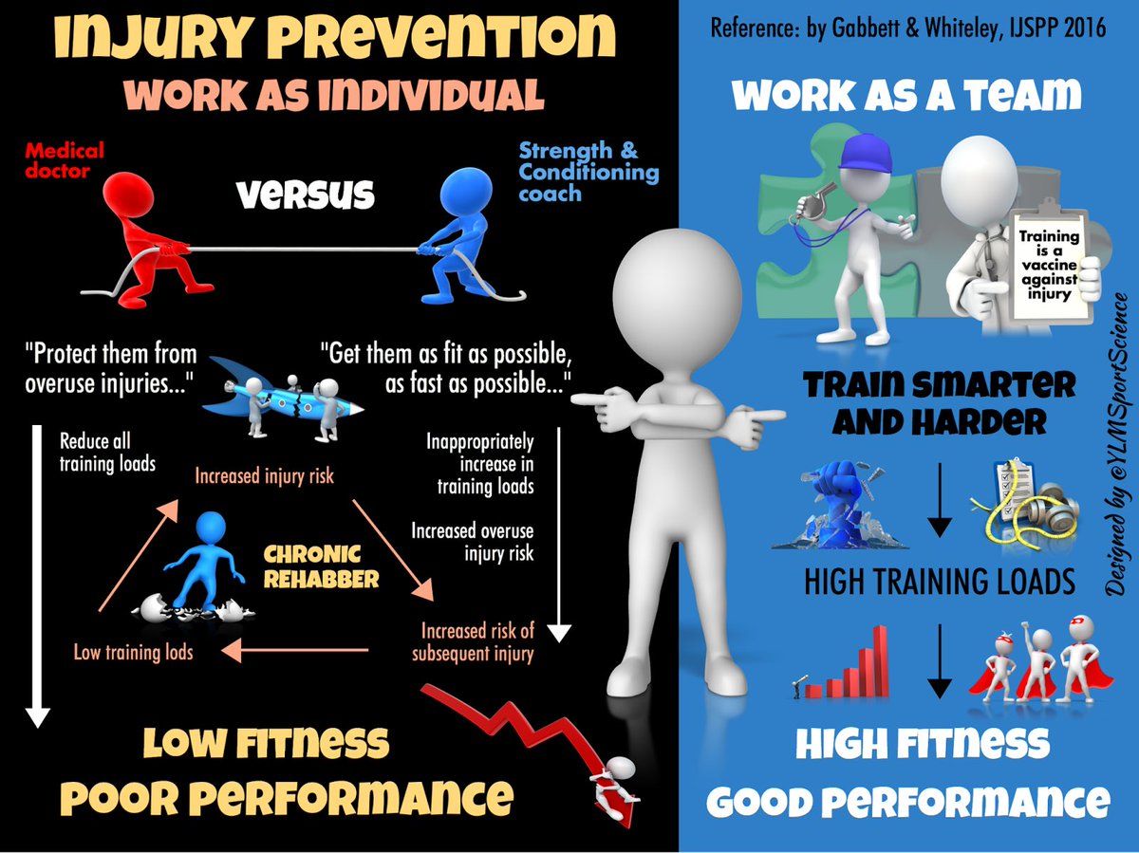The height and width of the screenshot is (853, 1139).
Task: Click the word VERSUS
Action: click(x=306, y=195)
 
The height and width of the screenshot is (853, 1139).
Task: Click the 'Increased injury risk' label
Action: click(x=265, y=475)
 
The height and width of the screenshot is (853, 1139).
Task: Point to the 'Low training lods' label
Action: click(x=133, y=651)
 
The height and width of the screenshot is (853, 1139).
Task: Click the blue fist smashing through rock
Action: click(x=840, y=508)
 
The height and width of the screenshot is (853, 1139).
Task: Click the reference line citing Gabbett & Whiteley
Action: click(x=908, y=28)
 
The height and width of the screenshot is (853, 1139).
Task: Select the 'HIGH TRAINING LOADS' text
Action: click(x=940, y=581)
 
